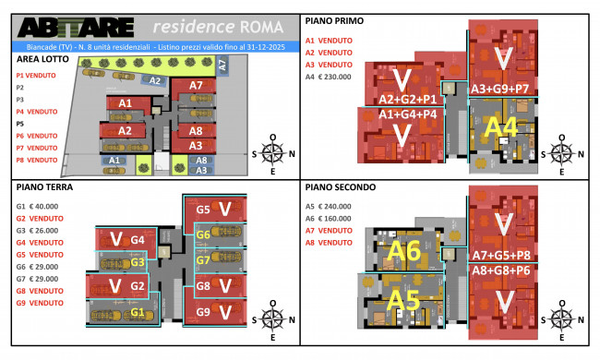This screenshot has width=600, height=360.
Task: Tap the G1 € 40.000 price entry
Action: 38,207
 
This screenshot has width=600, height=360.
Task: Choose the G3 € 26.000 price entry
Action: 38,231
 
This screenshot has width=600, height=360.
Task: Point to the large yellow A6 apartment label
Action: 403,251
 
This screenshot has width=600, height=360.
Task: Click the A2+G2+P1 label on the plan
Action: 407,99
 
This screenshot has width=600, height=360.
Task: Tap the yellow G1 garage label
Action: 137,312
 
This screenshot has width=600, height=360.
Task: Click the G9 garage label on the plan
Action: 204,311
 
